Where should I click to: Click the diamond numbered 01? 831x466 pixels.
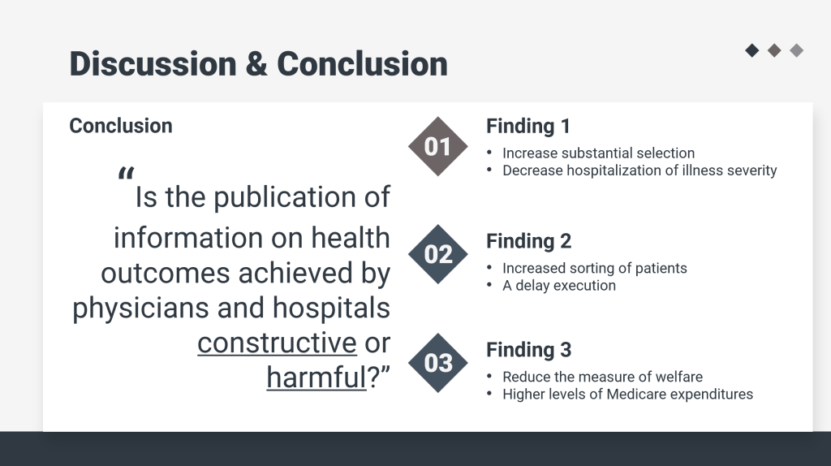pos(437,146)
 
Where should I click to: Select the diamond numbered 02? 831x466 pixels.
pos(437,254)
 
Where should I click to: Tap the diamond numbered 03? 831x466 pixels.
pos(437,363)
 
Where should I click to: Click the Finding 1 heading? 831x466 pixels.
pos(528,126)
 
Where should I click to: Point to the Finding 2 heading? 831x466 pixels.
pos(529,241)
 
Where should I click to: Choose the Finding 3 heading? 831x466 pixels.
pos(529,350)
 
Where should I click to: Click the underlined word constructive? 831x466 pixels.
pos(278,343)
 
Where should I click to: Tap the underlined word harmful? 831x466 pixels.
pos(316,378)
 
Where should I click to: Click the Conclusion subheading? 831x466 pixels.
pos(121,126)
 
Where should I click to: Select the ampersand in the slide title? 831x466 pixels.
pos(256,64)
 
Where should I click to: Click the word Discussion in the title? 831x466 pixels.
pos(153,64)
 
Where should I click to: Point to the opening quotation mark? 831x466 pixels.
pos(126,174)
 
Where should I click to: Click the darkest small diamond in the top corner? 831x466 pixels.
pos(752,50)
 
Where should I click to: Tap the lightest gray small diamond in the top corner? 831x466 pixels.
pos(797,50)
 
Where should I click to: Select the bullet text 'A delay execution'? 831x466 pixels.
pos(559,286)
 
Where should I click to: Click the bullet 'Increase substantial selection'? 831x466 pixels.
pos(598,153)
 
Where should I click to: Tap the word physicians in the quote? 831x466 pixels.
pos(140,309)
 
